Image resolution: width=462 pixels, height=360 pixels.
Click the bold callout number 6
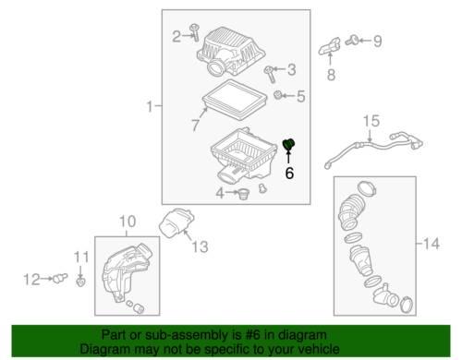tap(289, 173)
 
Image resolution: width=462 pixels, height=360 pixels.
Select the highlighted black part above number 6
tap(288, 144)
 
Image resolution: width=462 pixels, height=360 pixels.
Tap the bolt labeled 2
tap(195, 32)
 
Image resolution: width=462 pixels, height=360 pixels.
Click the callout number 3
tap(291, 70)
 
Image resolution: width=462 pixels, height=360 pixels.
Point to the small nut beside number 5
tap(278, 95)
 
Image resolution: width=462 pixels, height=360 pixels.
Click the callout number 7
tap(196, 125)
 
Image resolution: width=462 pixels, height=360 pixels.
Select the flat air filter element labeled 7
tap(235, 100)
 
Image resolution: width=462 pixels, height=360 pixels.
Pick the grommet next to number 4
tap(244, 194)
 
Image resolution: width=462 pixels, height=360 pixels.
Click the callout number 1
tap(150, 106)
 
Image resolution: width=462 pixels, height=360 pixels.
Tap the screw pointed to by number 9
tap(352, 41)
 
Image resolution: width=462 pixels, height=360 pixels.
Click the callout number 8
tap(331, 75)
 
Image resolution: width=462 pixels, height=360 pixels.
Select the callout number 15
tap(371, 121)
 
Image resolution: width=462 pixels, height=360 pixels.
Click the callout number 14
tap(432, 244)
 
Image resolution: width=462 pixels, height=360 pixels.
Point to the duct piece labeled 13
tap(176, 223)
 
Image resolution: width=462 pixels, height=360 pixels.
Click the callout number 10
tap(128, 222)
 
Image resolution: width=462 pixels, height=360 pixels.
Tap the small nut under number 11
tap(80, 282)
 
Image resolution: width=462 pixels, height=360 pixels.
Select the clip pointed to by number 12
tap(60, 278)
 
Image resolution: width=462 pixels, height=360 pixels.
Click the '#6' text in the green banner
tap(253, 335)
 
